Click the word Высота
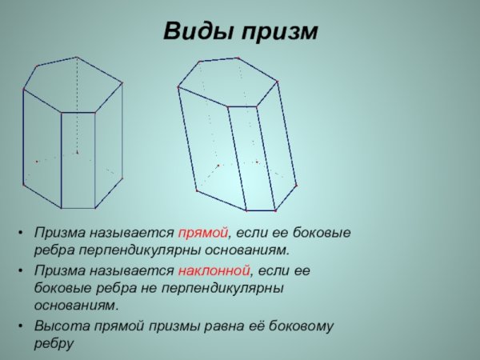(59, 326)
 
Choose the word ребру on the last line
(53, 344)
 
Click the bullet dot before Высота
(18, 327)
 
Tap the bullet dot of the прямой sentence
(18, 234)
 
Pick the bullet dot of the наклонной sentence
(18, 271)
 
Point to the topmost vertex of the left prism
(77, 57)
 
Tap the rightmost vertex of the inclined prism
(296, 185)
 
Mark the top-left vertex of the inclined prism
(178, 86)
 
